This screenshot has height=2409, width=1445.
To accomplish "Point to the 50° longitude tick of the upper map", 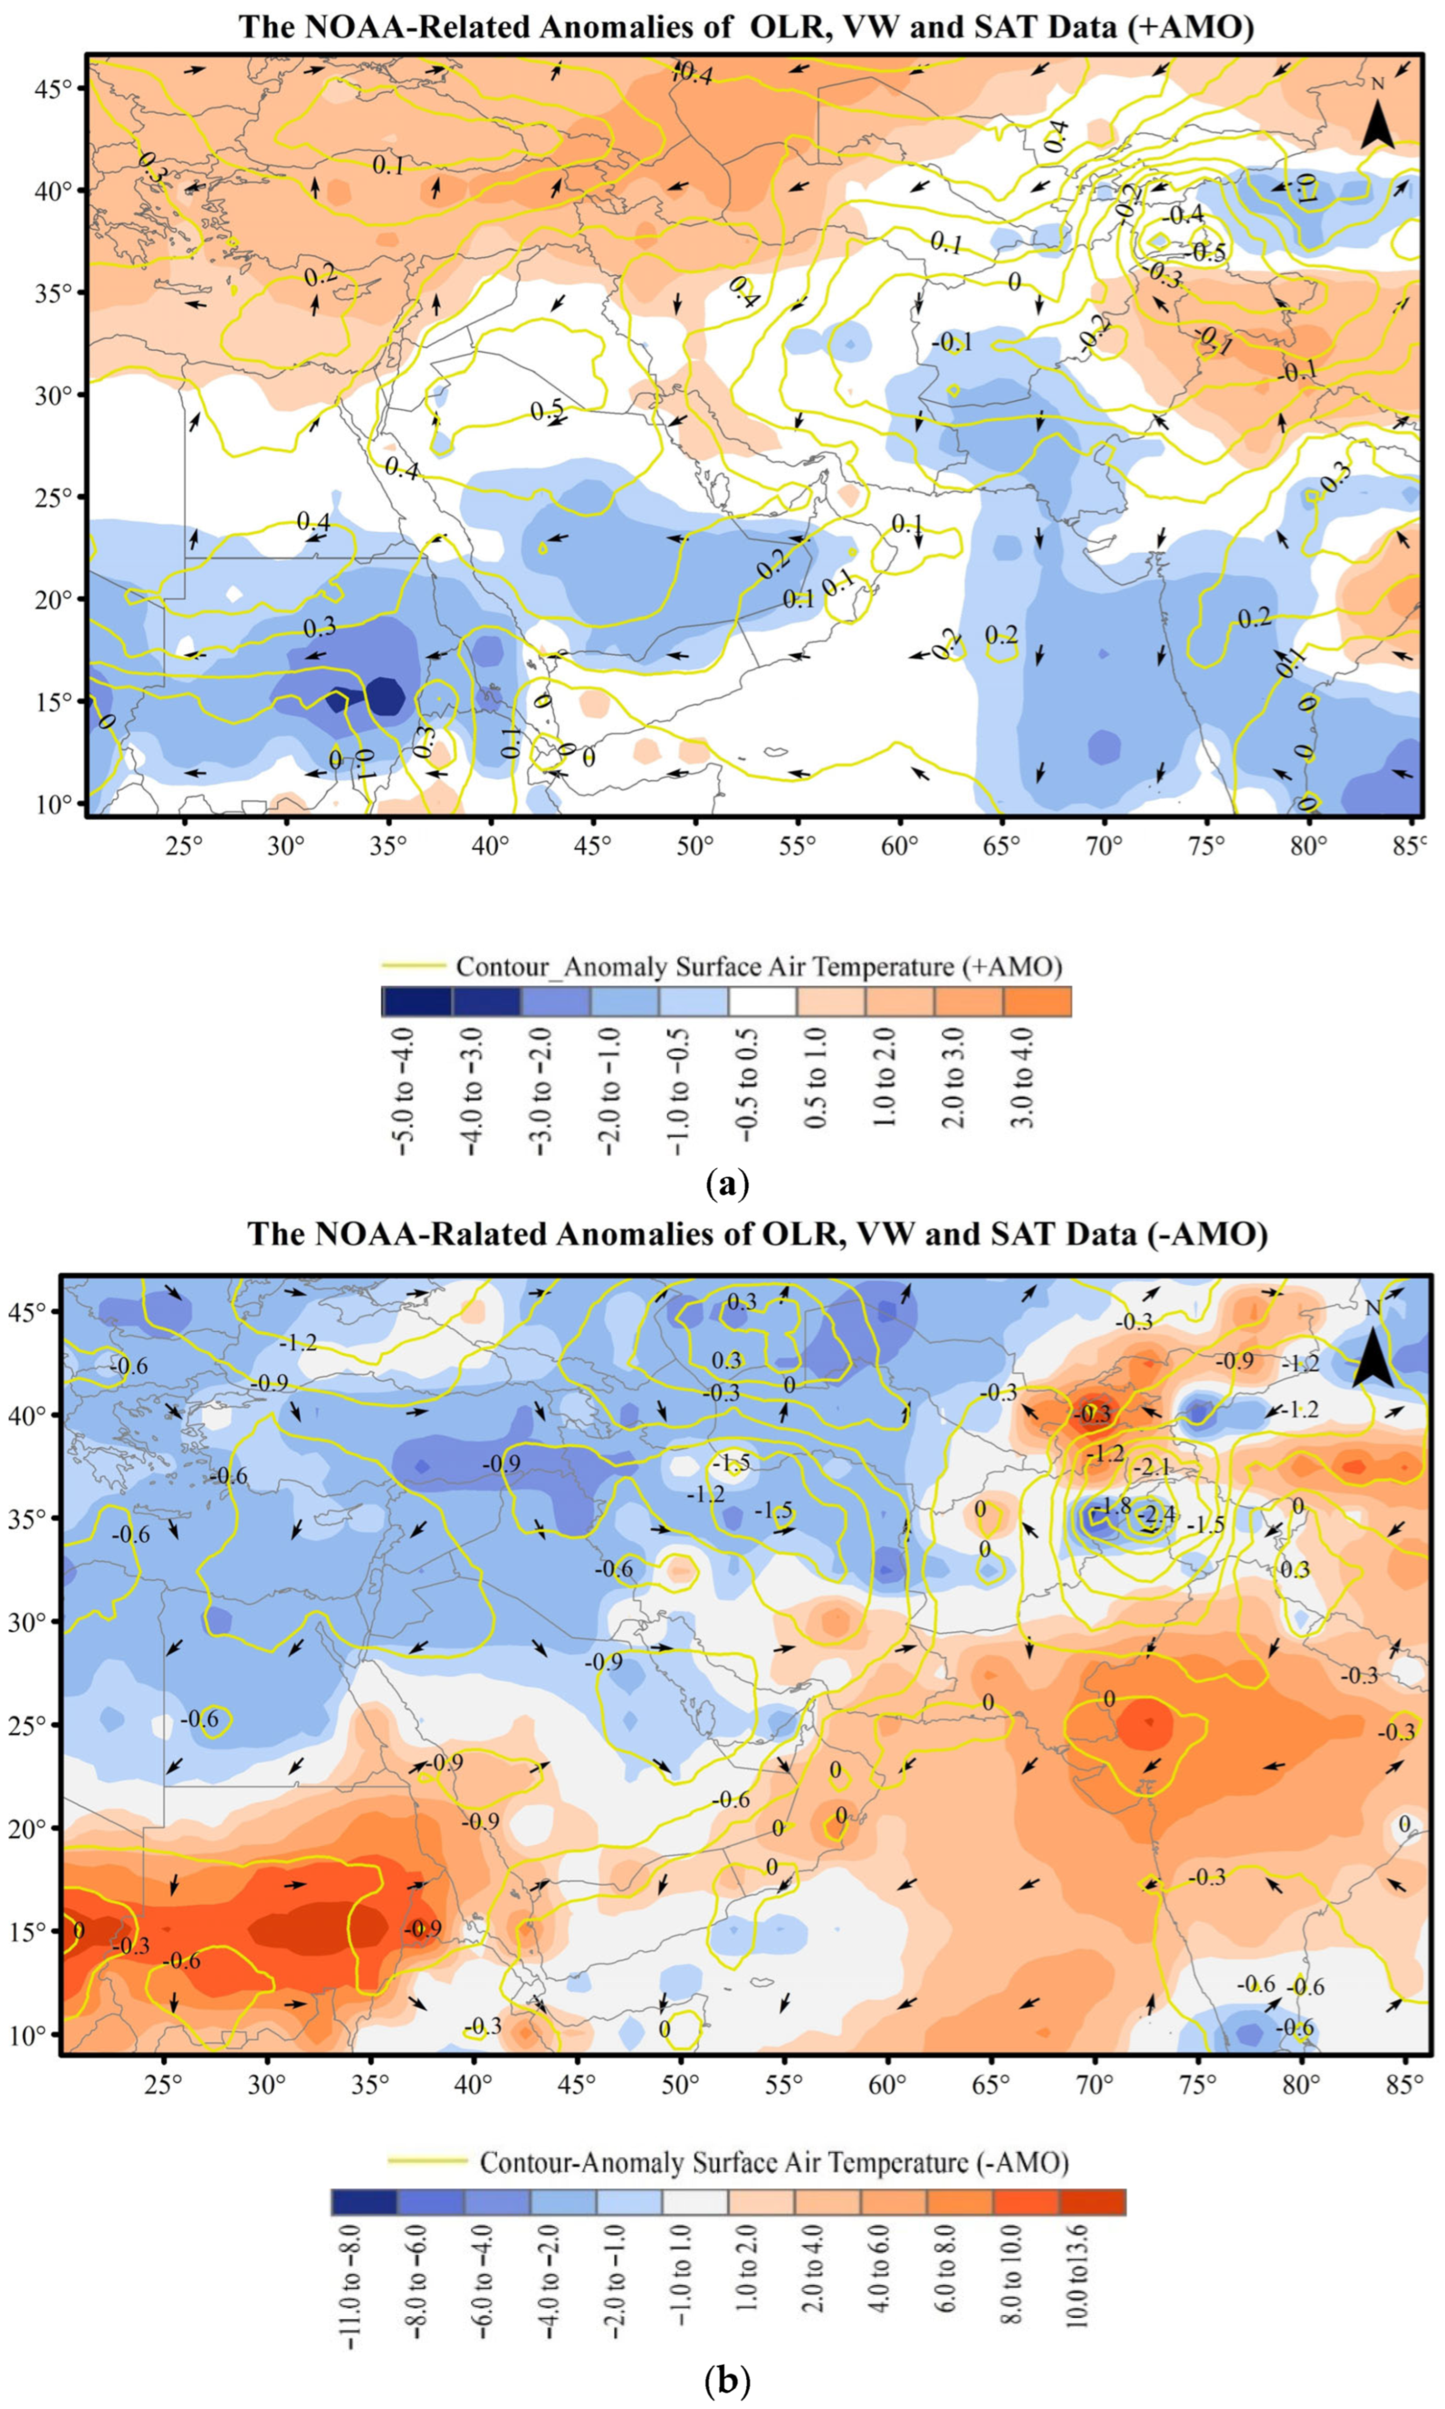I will click(694, 844).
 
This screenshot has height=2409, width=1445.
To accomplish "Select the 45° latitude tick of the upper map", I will click(58, 88).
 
